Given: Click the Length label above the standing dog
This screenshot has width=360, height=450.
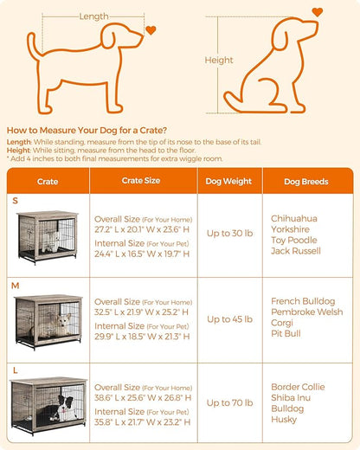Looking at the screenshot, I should click(x=93, y=16).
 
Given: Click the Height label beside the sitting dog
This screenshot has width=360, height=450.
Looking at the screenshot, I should click(x=218, y=61).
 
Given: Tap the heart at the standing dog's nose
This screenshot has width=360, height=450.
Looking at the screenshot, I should click(x=151, y=30).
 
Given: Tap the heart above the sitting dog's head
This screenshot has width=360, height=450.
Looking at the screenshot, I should click(x=317, y=12).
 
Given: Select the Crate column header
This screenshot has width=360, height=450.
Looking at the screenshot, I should click(x=48, y=182).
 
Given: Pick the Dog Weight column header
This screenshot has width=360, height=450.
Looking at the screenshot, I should click(x=229, y=182).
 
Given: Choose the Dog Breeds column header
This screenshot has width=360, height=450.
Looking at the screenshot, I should click(x=305, y=182).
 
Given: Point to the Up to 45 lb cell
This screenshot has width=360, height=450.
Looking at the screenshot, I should click(x=229, y=319).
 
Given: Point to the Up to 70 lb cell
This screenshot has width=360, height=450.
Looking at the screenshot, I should click(x=229, y=402).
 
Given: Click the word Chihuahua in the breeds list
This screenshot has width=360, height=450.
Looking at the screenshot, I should click(x=294, y=218).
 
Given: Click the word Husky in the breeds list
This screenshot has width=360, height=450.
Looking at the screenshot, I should click(x=283, y=420).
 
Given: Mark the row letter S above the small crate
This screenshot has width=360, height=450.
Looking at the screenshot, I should click(x=15, y=201).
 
